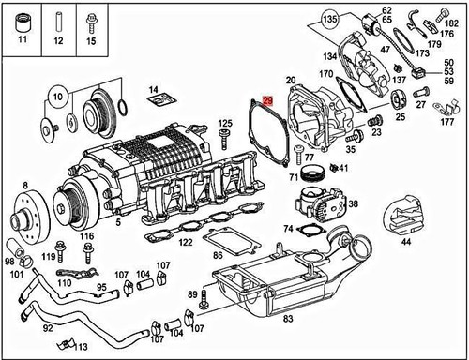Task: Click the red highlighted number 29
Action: point(268,100)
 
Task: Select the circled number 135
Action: point(330,19)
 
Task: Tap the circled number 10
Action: point(57,97)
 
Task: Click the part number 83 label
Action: point(288,319)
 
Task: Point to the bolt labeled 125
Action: point(224,140)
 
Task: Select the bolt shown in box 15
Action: point(91,23)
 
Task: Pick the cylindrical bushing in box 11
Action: point(23,22)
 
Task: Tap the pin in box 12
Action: point(58,22)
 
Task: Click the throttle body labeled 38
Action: point(321,204)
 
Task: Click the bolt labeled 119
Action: point(59,251)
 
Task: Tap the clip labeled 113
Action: point(66,344)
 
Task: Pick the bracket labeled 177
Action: point(446,108)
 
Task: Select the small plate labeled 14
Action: point(162,100)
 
